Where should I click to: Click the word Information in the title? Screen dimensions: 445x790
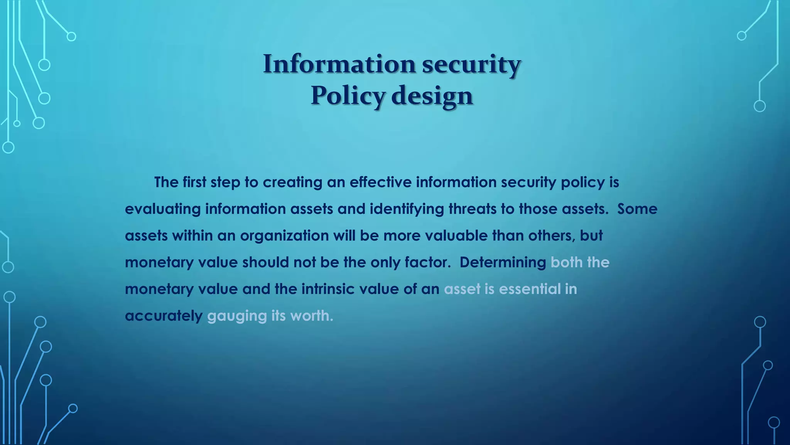click(339, 64)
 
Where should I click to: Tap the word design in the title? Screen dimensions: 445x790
click(432, 95)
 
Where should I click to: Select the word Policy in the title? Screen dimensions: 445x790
click(348, 95)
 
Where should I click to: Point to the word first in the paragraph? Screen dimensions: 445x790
click(194, 182)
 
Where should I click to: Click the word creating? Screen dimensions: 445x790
click(292, 182)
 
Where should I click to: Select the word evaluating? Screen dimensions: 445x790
click(163, 209)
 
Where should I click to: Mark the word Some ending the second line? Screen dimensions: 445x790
click(637, 209)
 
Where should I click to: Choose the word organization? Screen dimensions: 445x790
click(284, 236)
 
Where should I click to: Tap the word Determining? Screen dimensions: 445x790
click(503, 263)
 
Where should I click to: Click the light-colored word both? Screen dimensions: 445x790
click(566, 263)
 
